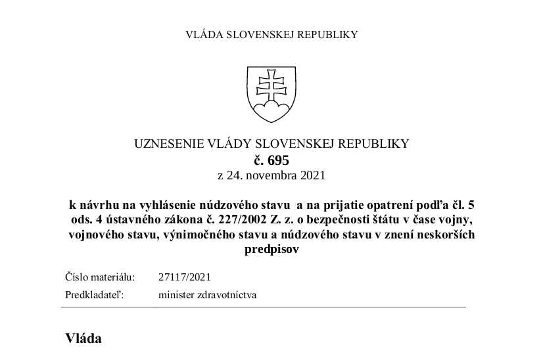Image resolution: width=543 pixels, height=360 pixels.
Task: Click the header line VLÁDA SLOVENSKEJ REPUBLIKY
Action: click(x=271, y=35)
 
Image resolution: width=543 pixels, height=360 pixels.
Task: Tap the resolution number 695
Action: click(x=278, y=160)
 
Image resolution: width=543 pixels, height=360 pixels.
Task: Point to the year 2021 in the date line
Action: click(x=312, y=175)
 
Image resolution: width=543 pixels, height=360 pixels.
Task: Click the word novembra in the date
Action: click(x=270, y=175)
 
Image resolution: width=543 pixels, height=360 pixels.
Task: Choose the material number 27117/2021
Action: click(x=185, y=277)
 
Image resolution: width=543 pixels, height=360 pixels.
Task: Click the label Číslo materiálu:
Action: click(x=100, y=277)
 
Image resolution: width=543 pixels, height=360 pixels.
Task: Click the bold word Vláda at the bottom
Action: click(x=83, y=339)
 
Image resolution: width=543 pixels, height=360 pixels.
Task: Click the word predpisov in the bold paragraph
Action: click(x=271, y=250)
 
